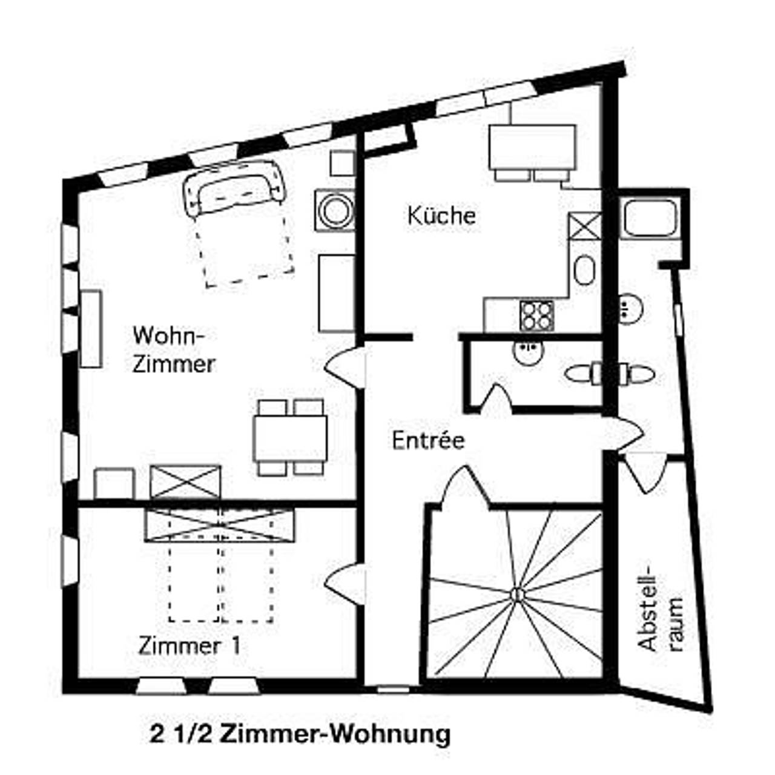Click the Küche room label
coord(441,216)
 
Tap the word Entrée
coord(428,440)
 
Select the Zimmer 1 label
coord(189,645)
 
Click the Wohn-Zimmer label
coord(173,349)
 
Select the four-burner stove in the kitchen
coord(536,315)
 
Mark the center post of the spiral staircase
coord(516,595)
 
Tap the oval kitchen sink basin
coord(584,270)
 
